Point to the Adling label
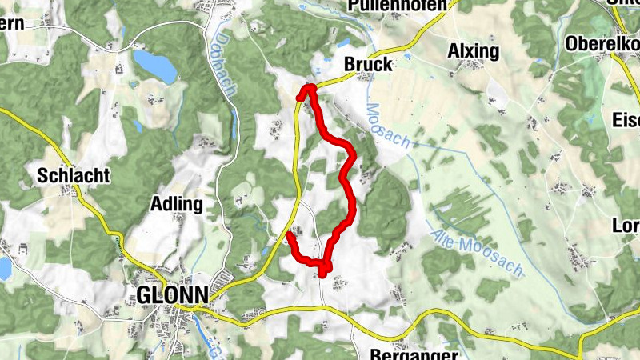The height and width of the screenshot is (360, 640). point(177,204)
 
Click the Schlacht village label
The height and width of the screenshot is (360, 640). point(73,175)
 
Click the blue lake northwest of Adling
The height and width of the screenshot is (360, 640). point(155,66)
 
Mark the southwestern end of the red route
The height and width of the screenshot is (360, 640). point(288,234)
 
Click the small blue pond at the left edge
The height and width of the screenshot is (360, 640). point(4,268)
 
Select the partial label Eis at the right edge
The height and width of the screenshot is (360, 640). point(626,121)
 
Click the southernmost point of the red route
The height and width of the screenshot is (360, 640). point(322,274)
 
